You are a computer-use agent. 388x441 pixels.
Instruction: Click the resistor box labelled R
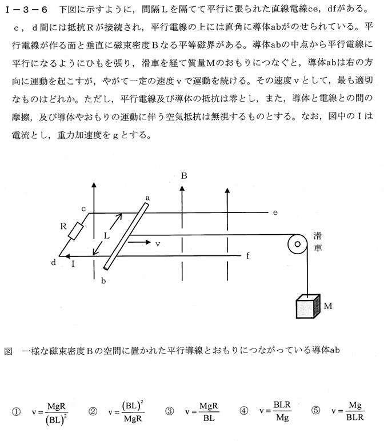point(75,231)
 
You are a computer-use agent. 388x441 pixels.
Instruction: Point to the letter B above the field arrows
point(184,177)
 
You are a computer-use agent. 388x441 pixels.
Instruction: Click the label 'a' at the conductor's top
point(147,197)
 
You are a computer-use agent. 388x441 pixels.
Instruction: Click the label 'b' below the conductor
point(103,280)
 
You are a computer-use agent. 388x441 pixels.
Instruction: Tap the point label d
point(54,262)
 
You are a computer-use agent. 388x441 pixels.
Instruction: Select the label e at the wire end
point(275,213)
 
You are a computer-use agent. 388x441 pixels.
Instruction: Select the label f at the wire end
point(247,255)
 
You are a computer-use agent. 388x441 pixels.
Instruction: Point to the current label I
point(74,264)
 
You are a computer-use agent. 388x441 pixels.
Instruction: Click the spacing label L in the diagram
point(106,235)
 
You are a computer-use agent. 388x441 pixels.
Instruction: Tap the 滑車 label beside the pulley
point(318,243)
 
